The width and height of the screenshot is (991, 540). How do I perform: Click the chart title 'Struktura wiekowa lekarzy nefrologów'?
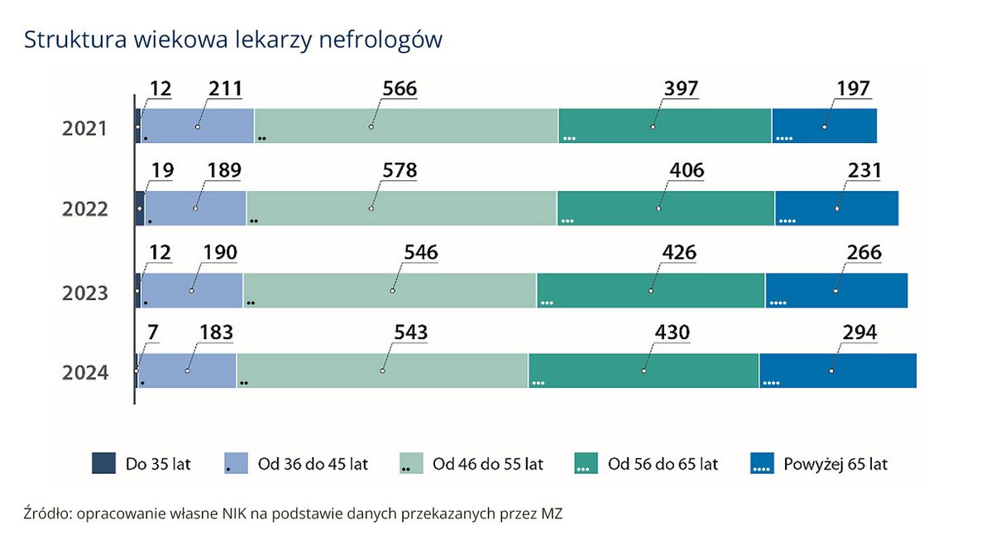pyautogui.click(x=233, y=40)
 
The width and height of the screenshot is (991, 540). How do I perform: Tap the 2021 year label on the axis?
pyautogui.click(x=85, y=129)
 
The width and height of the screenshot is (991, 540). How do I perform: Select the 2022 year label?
pyautogui.click(x=85, y=209)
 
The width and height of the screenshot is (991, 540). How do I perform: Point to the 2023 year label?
pyautogui.click(x=85, y=293)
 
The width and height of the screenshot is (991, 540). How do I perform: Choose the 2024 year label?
pyautogui.click(x=85, y=373)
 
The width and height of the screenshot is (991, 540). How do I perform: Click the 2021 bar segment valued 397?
pyautogui.click(x=664, y=126)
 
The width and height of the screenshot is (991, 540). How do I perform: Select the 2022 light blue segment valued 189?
pyautogui.click(x=195, y=208)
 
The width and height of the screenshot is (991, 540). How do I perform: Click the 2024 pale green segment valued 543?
pyautogui.click(x=381, y=370)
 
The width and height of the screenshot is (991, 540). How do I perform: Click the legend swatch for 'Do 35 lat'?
pyautogui.click(x=103, y=464)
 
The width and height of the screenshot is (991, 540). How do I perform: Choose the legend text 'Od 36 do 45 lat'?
pyautogui.click(x=313, y=464)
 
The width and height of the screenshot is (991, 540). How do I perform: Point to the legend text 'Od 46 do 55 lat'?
pyautogui.click(x=487, y=464)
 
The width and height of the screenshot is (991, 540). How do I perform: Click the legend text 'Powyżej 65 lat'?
pyautogui.click(x=835, y=464)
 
